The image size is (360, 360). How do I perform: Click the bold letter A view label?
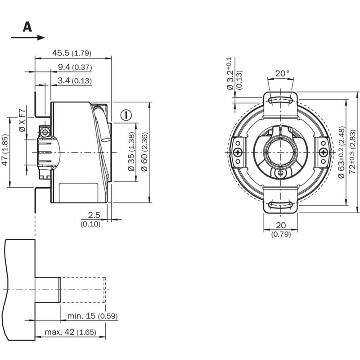click(28, 27)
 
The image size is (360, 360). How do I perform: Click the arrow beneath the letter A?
click(28, 38)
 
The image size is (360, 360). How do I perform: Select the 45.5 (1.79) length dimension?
click(72, 53)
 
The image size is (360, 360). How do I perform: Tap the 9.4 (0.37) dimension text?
click(75, 67)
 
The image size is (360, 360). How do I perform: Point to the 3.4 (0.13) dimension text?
click(75, 81)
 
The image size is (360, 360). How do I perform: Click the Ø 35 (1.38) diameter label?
click(132, 152)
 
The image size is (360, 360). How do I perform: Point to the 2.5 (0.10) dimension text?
click(90, 219)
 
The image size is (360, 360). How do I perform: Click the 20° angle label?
click(282, 73)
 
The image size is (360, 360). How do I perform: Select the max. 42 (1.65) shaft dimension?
click(70, 333)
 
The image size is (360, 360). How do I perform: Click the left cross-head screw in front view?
click(238, 153)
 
